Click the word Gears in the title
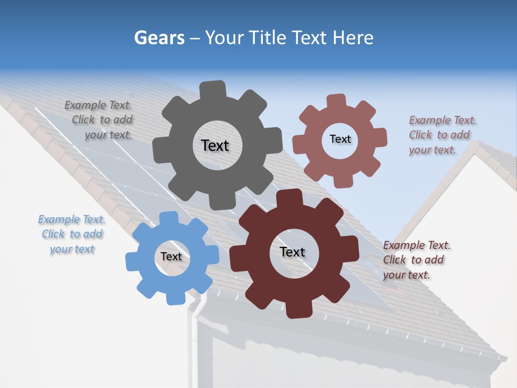pyautogui.click(x=159, y=38)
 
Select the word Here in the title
pyautogui.click(x=353, y=38)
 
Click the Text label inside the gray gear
pyautogui.click(x=215, y=145)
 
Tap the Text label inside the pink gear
pyautogui.click(x=340, y=139)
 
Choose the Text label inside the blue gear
pyautogui.click(x=171, y=257)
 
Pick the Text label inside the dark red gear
pyautogui.click(x=292, y=252)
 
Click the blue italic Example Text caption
pyautogui.click(x=72, y=234)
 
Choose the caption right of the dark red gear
pyautogui.click(x=416, y=260)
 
